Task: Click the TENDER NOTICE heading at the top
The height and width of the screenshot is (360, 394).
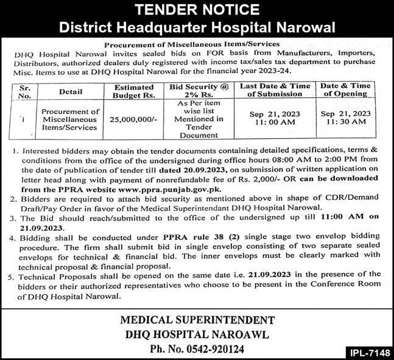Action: [x=197, y=10]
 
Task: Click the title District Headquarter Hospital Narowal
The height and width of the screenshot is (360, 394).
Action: [x=197, y=27]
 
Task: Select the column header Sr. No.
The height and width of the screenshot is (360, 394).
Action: [x=26, y=91]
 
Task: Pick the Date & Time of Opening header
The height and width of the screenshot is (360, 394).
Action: [x=345, y=91]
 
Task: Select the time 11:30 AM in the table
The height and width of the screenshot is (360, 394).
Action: [x=345, y=122]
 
